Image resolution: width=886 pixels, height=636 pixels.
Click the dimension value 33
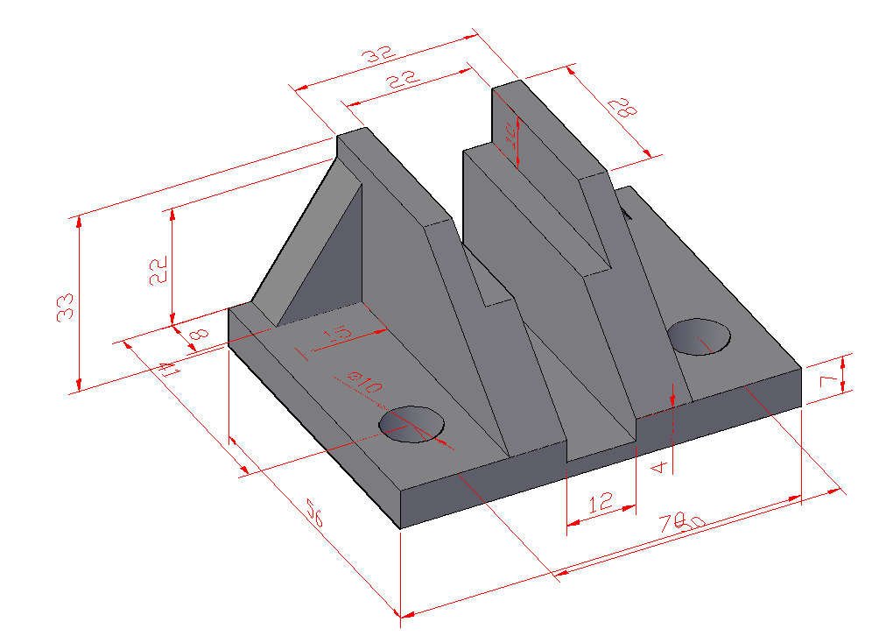(x=66, y=306)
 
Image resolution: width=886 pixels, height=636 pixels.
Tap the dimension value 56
(x=314, y=512)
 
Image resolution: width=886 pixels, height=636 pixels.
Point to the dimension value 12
(x=601, y=503)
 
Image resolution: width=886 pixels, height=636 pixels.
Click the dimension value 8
(x=198, y=334)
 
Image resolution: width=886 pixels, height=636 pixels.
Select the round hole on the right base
(x=699, y=336)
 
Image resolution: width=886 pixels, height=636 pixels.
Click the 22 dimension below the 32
(x=402, y=81)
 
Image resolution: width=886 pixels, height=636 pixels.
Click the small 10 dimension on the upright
(x=510, y=134)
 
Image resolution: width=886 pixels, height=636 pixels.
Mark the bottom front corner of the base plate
(x=400, y=528)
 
